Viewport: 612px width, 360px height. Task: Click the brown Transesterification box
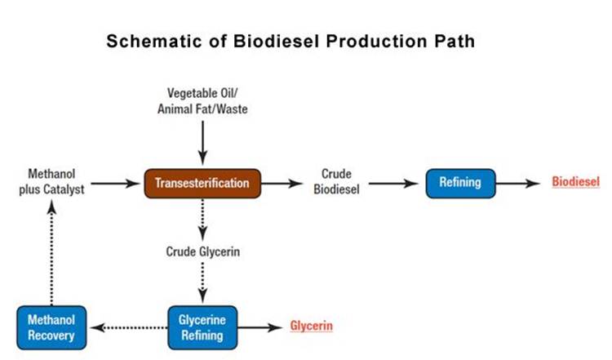click(202, 184)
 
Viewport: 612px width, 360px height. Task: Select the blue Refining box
click(460, 184)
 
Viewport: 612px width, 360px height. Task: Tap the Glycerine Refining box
click(202, 327)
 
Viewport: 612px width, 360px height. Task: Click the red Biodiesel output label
click(575, 182)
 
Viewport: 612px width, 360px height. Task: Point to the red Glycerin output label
click(311, 327)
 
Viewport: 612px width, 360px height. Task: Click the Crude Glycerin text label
click(202, 251)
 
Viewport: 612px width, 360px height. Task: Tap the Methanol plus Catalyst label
click(51, 183)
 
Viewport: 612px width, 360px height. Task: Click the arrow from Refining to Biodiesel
click(521, 184)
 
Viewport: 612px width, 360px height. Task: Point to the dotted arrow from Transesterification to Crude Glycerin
click(202, 218)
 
